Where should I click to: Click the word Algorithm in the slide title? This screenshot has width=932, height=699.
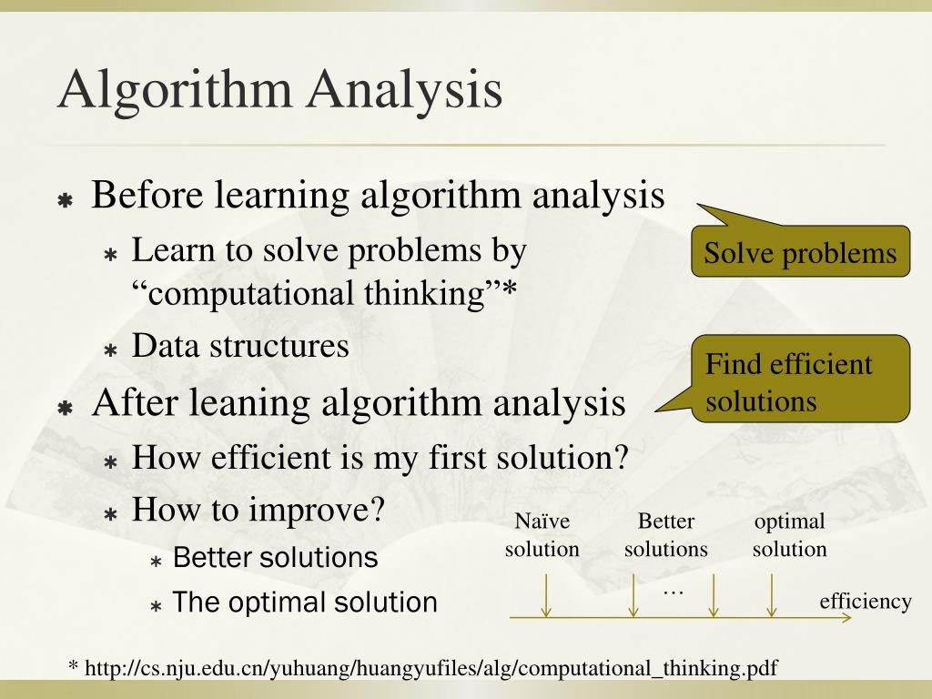173,90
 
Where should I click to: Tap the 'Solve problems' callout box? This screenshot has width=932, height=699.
800,253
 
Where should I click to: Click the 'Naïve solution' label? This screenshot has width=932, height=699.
542,535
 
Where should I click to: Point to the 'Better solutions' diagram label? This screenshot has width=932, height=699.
665,535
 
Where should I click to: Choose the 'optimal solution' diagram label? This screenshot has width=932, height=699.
789,535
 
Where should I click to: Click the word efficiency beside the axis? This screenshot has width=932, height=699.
865,601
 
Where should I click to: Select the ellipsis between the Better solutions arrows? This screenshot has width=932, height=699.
673,592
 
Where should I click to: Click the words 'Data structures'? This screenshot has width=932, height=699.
240,346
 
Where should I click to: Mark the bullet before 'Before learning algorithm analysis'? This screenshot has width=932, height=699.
66,199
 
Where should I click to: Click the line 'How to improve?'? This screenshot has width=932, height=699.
259,509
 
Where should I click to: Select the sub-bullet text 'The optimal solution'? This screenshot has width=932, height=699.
304,603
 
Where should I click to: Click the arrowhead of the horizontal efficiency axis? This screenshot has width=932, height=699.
847,618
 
